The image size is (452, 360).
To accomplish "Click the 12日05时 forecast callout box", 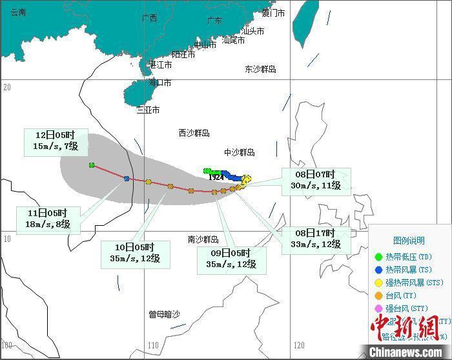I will pyautogui.click(x=56, y=141).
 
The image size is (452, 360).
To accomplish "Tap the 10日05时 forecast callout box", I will pyautogui.click(x=135, y=253).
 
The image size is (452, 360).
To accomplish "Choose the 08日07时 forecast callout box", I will pyautogui.click(x=316, y=181).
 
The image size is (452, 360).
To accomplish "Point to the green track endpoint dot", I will pyautogui.click(x=92, y=165).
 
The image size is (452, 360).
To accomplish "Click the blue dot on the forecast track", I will pyautogui.click(x=127, y=179).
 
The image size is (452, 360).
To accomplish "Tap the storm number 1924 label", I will pyautogui.click(x=216, y=177).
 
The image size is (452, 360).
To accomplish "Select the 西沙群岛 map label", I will pyautogui.click(x=194, y=133).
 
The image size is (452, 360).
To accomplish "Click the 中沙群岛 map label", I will pyautogui.click(x=240, y=152).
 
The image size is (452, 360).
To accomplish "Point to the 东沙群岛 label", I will pyautogui.click(x=260, y=69).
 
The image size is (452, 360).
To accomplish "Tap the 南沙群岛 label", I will pyautogui.click(x=203, y=239).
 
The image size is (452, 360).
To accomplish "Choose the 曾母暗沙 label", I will pyautogui.click(x=164, y=314).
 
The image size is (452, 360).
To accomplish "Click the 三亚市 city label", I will pyautogui.click(x=148, y=110).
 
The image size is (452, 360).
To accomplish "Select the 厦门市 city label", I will pyautogui.click(x=273, y=13).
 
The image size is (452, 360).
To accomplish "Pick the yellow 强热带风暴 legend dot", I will pyautogui.click(x=379, y=283).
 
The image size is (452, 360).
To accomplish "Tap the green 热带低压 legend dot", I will pyautogui.click(x=379, y=257).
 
